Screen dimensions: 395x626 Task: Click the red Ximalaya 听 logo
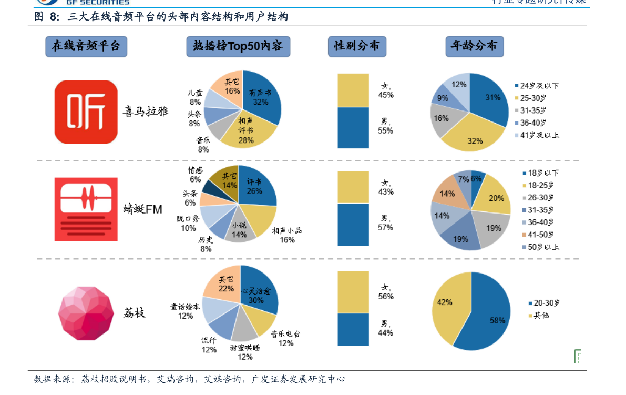(86, 112)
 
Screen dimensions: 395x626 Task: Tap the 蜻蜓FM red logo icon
(86, 209)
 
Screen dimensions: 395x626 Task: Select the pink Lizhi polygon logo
(86, 313)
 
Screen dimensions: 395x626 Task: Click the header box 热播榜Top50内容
(238, 46)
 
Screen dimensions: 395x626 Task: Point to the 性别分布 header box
(357, 46)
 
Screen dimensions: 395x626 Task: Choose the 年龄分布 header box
(474, 46)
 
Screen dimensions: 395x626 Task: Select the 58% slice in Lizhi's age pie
(489, 316)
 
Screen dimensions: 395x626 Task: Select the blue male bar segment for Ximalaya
(353, 128)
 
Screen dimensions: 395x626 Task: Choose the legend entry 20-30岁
(542, 303)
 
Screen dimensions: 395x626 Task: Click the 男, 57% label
(385, 222)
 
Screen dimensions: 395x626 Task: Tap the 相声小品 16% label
(287, 235)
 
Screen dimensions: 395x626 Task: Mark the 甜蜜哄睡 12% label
(245, 352)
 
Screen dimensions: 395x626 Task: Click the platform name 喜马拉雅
(146, 112)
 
